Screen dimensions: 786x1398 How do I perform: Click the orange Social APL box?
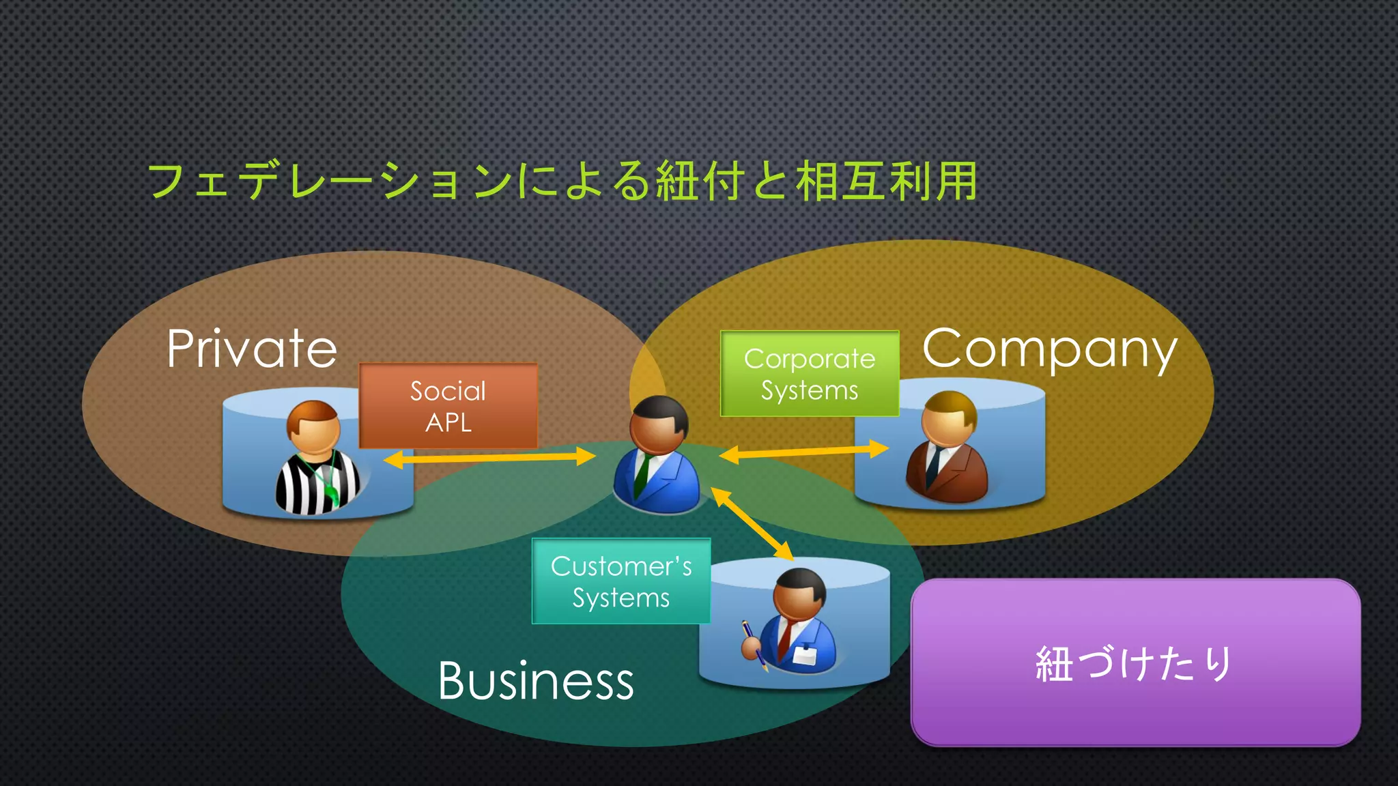click(448, 406)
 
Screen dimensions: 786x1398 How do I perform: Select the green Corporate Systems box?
click(810, 374)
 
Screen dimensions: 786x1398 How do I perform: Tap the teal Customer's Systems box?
click(621, 581)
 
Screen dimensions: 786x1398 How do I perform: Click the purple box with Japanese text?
click(1135, 663)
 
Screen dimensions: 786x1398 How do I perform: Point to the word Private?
click(252, 349)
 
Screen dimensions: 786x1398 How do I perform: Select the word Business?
click(536, 681)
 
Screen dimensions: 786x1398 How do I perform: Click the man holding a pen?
click(796, 622)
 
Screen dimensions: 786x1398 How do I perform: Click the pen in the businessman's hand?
click(753, 641)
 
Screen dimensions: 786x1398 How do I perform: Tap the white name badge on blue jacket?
click(805, 656)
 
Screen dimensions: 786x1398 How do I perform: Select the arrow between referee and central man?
click(489, 458)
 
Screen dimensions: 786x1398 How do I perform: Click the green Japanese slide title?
click(562, 181)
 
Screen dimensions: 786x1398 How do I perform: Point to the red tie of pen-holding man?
click(786, 639)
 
